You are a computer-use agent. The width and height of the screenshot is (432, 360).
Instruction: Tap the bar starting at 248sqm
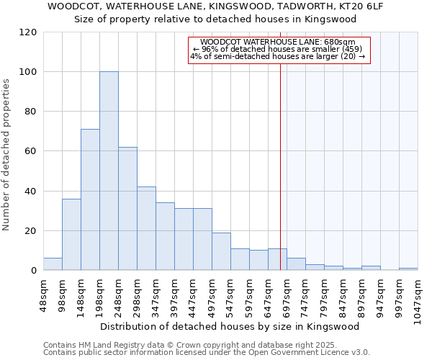click(x=127, y=209)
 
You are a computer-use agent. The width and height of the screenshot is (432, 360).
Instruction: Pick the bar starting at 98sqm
click(x=71, y=235)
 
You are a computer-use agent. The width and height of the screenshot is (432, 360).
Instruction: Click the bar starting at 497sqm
click(x=221, y=251)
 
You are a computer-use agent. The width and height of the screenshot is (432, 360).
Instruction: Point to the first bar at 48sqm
click(x=53, y=264)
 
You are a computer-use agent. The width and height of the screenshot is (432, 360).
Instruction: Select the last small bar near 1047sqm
click(x=408, y=269)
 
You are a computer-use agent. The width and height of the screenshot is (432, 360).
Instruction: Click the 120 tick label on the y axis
click(x=29, y=32)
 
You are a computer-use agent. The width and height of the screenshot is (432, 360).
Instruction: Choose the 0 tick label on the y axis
click(x=34, y=271)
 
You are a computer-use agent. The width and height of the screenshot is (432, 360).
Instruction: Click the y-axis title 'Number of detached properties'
click(x=6, y=155)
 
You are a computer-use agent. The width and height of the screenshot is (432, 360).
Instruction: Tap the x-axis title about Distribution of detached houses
click(x=229, y=326)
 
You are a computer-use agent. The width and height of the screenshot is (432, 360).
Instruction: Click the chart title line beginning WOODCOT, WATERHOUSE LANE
click(x=216, y=6)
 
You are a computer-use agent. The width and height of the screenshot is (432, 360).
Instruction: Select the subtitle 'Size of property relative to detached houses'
click(x=216, y=19)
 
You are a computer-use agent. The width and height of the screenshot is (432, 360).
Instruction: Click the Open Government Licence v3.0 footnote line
click(x=207, y=352)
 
